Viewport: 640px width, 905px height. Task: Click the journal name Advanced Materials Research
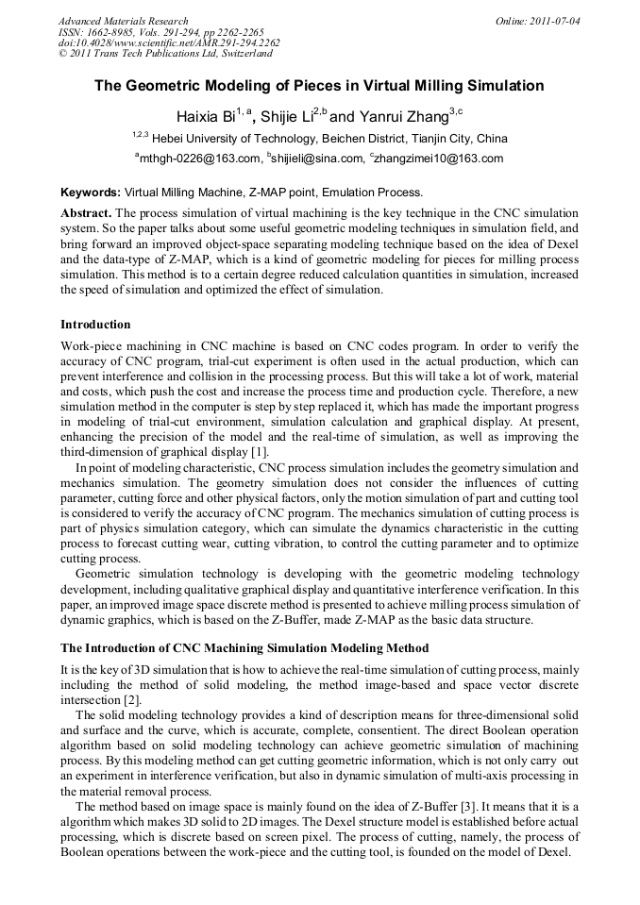point(123,21)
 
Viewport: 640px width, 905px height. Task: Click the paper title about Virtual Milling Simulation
point(319,86)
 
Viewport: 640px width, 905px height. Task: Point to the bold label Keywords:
point(90,192)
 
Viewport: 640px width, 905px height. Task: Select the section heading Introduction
point(95,325)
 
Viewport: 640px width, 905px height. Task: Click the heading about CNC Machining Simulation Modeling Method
point(244,648)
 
